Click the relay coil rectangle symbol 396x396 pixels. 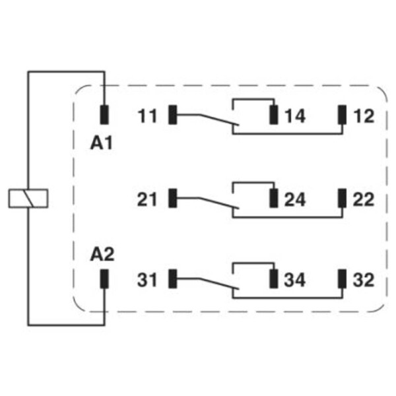click(28, 199)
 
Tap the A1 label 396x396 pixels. click(101, 143)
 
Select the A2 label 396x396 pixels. click(102, 254)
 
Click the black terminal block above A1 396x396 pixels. click(104, 115)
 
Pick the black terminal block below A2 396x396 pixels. click(104, 279)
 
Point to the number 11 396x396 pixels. click(147, 116)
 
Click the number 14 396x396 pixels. click(295, 116)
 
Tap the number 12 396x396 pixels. click(364, 116)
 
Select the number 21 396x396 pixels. click(147, 199)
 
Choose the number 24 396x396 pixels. click(295, 199)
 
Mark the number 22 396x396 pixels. click(364, 199)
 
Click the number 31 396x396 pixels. click(147, 280)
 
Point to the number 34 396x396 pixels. click(295, 280)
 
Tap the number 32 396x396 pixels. click(364, 280)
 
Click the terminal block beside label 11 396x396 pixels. click(173, 115)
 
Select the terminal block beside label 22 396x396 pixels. click(342, 198)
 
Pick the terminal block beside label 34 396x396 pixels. click(274, 279)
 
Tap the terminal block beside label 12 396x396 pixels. click(342, 115)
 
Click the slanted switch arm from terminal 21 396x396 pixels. click(219, 203)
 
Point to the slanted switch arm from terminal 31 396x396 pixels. click(219, 284)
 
